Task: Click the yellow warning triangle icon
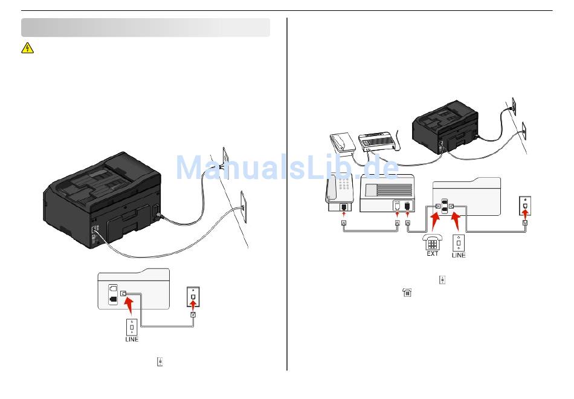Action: pyautogui.click(x=27, y=48)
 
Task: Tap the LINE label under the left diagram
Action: pyautogui.click(x=132, y=339)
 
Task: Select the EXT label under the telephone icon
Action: pyautogui.click(x=433, y=254)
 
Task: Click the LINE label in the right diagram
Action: pyautogui.click(x=459, y=255)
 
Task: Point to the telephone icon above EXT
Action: pyautogui.click(x=433, y=241)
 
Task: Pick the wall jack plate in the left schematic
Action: pyautogui.click(x=193, y=293)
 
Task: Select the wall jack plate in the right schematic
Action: pyautogui.click(x=525, y=206)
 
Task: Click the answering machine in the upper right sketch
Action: pyautogui.click(x=377, y=141)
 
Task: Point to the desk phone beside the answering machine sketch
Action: pyautogui.click(x=343, y=143)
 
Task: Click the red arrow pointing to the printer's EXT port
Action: pyautogui.click(x=434, y=221)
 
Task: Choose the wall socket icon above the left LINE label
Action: pyautogui.click(x=132, y=326)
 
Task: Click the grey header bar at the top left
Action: pyautogui.click(x=146, y=28)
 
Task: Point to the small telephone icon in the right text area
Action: pyautogui.click(x=407, y=293)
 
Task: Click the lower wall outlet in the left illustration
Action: pyautogui.click(x=243, y=206)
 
